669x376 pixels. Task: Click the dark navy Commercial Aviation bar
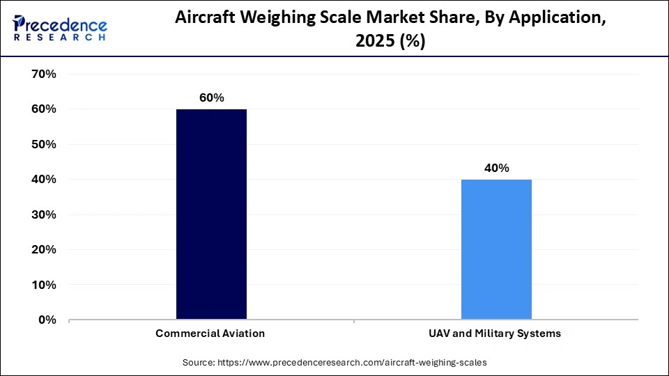pyautogui.click(x=211, y=214)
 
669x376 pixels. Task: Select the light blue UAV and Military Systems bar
pyautogui.click(x=496, y=249)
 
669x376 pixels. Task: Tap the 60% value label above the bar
pyautogui.click(x=211, y=98)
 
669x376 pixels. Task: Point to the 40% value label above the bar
pyautogui.click(x=496, y=169)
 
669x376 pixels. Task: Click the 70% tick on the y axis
pyautogui.click(x=44, y=74)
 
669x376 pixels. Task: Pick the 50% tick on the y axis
pyautogui.click(x=44, y=144)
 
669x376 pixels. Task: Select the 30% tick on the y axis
pyautogui.click(x=44, y=214)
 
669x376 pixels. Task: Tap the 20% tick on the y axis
pyautogui.click(x=44, y=249)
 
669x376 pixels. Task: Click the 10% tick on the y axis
pyautogui.click(x=44, y=285)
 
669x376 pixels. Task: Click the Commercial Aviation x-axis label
pyautogui.click(x=210, y=334)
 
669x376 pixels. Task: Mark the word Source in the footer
pyautogui.click(x=200, y=362)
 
